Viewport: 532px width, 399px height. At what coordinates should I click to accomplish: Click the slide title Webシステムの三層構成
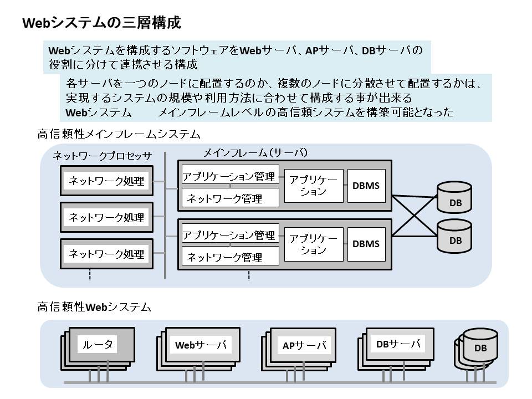(x=101, y=23)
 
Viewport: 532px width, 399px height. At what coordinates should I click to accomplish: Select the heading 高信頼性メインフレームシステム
(x=119, y=134)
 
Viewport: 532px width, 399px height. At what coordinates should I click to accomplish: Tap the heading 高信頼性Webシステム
(x=94, y=306)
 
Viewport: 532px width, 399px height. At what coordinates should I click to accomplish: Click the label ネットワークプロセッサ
(x=102, y=156)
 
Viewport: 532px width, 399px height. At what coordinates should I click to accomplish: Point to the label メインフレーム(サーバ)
(x=255, y=152)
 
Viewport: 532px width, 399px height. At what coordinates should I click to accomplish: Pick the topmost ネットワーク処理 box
(x=106, y=181)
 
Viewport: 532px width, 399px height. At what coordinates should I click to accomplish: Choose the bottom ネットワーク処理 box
(x=106, y=254)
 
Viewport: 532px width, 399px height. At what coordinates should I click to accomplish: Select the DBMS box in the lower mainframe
(x=366, y=244)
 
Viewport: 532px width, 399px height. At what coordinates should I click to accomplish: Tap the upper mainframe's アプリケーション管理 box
(x=229, y=177)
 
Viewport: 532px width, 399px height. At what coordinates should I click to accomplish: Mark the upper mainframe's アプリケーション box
(x=314, y=186)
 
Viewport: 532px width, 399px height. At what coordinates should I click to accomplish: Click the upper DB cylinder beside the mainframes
(x=455, y=197)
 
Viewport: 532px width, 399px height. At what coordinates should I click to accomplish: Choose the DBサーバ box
(x=395, y=344)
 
